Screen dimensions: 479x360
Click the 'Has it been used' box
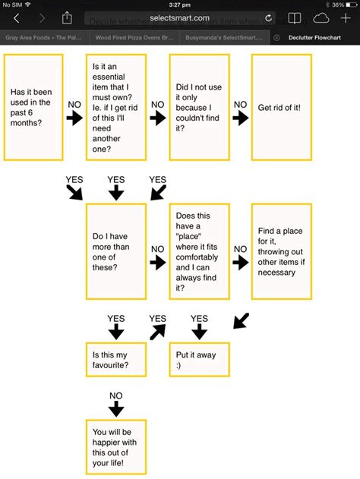[34, 107]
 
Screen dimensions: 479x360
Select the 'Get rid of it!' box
[279, 107]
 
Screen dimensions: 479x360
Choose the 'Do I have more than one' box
[115, 252]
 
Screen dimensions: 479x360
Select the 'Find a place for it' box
[279, 252]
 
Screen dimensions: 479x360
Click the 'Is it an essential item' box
[115, 107]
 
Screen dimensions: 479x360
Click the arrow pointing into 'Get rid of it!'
[239, 118]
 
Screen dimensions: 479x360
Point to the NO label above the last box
[115, 395]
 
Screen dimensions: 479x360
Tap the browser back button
[17, 17]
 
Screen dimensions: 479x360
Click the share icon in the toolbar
[68, 17]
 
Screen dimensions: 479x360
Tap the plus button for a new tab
[346, 17]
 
